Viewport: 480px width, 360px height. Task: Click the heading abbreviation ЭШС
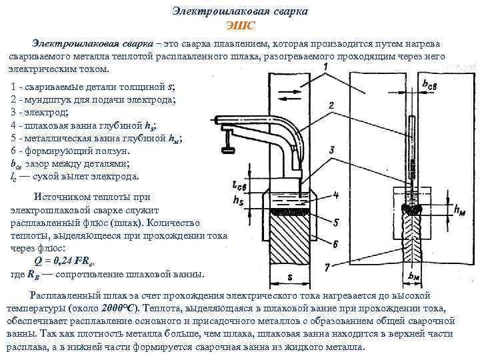tap(239, 26)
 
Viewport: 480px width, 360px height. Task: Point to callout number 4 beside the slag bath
tap(336, 195)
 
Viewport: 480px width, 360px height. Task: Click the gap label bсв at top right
tap(431, 85)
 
